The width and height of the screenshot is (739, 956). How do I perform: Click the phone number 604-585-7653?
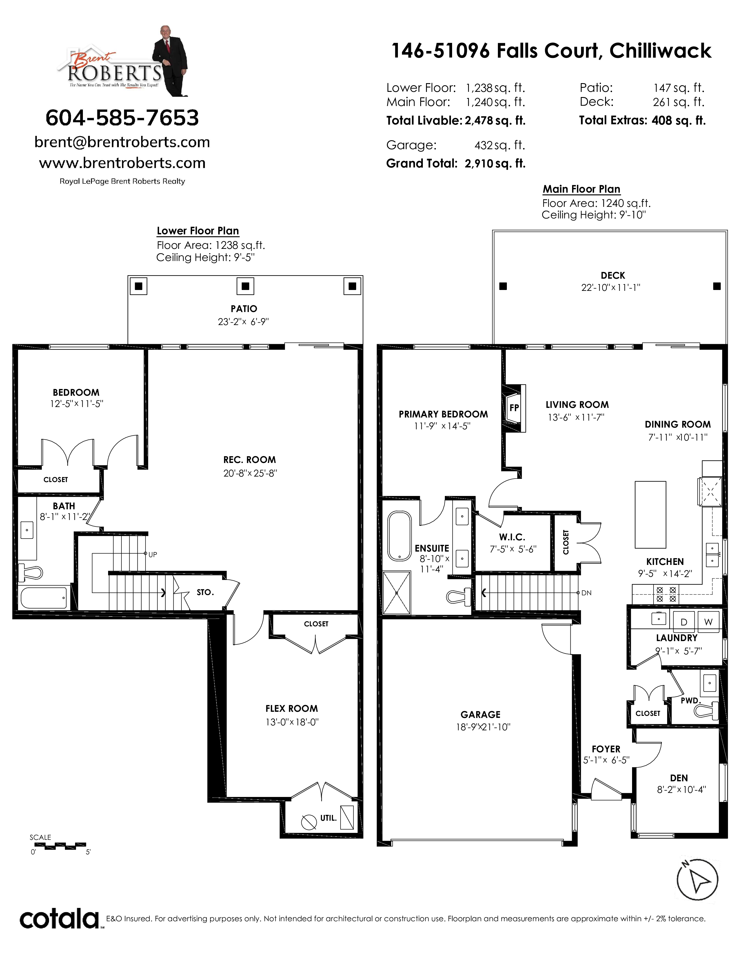122,118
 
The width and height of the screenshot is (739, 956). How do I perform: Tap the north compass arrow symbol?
697,880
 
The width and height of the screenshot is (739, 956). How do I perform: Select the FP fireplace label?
514,408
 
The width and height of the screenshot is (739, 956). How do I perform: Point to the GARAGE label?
480,715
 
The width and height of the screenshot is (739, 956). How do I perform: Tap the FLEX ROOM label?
292,709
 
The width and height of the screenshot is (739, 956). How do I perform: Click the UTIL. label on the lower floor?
328,818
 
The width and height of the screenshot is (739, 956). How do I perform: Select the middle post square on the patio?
245,286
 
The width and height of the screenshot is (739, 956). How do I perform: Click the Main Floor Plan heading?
581,189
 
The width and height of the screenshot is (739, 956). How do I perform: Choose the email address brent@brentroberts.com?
122,142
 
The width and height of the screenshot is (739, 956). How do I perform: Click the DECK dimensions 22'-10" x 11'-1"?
610,288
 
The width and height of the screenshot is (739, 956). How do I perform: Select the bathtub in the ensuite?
399,536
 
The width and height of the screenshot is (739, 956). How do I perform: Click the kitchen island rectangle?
651,515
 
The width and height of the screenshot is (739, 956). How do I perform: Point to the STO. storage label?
205,592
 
